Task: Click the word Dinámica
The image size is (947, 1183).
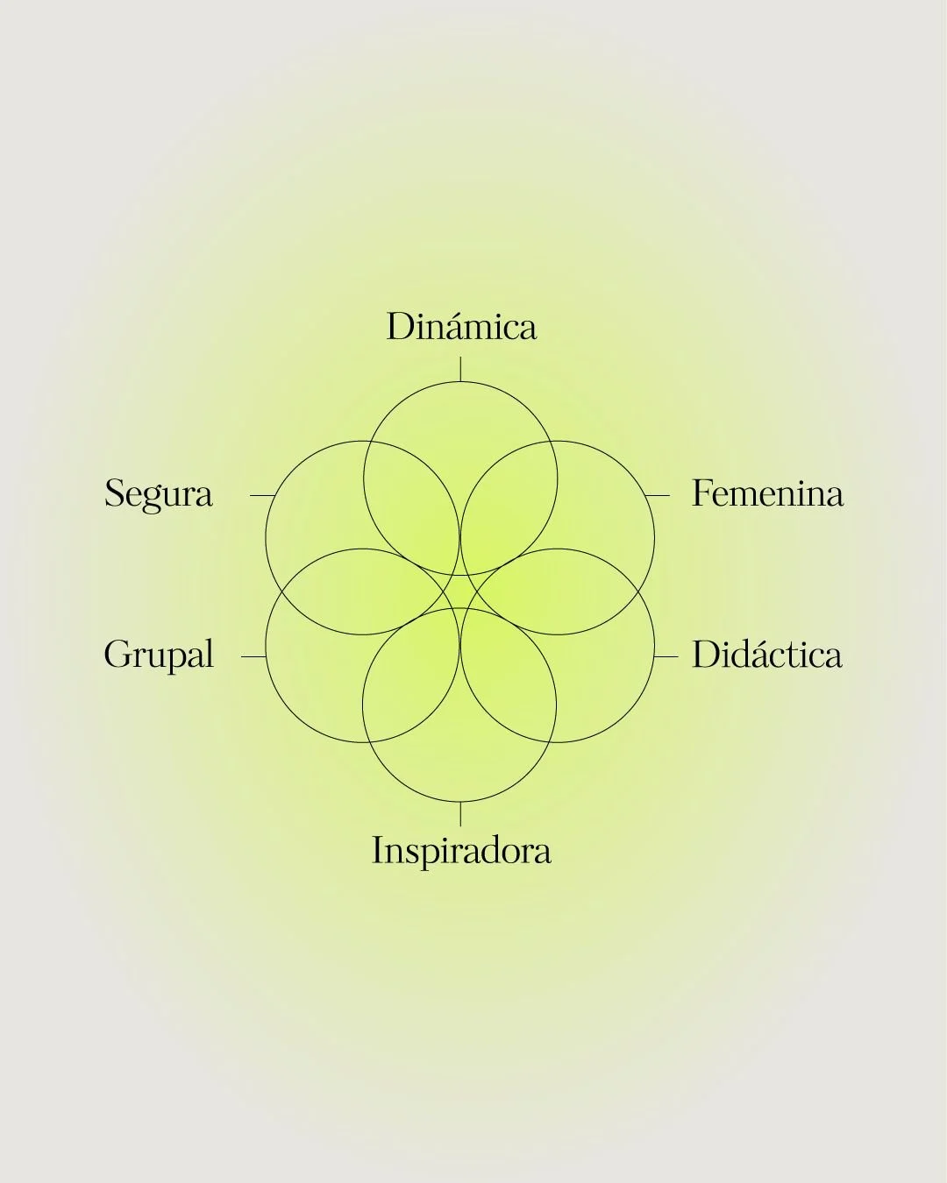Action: click(461, 327)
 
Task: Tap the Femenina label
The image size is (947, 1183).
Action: click(767, 493)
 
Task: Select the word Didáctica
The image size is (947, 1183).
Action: click(766, 655)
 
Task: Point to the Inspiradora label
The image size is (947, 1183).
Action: click(461, 851)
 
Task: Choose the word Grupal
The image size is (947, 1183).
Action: click(159, 655)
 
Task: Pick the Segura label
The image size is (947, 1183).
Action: click(159, 493)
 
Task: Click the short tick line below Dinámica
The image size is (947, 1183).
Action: click(460, 369)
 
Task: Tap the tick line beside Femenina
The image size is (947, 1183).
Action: click(657, 495)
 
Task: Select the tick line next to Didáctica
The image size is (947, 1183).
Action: click(666, 655)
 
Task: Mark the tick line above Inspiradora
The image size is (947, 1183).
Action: click(460, 813)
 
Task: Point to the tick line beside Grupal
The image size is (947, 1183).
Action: click(253, 655)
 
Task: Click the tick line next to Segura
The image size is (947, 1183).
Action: click(262, 495)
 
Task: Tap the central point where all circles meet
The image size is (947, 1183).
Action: click(460, 592)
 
